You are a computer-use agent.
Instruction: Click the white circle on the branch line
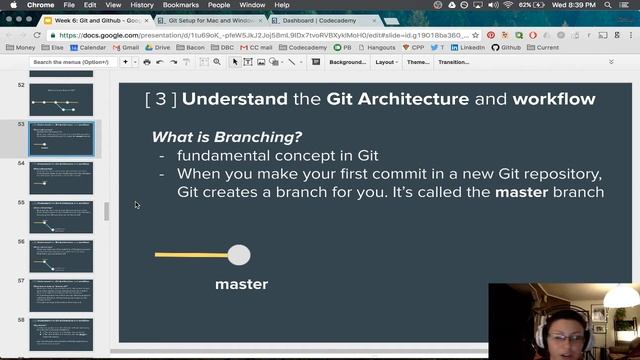pos(239,255)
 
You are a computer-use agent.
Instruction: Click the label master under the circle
pos(242,284)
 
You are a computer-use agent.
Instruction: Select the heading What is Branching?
pos(227,137)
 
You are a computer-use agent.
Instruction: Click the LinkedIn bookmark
pos(470,47)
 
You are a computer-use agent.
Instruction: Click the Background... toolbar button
pos(347,62)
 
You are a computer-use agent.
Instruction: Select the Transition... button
pos(453,62)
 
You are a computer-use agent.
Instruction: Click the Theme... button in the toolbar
pos(418,62)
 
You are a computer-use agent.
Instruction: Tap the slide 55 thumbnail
pos(61,216)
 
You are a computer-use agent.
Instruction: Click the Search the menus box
pos(70,62)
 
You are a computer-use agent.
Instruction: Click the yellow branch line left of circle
pos(190,255)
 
